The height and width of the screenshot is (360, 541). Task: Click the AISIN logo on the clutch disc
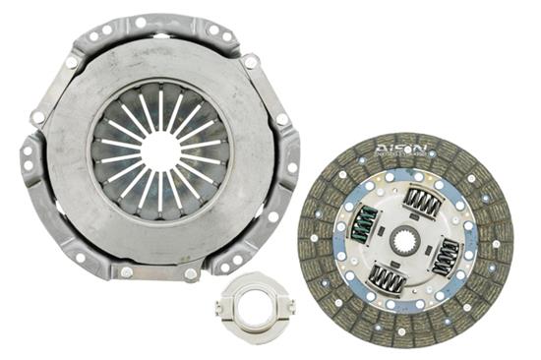(402, 149)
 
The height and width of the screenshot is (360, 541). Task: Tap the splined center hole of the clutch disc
(404, 239)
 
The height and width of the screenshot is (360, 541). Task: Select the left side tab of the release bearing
(219, 308)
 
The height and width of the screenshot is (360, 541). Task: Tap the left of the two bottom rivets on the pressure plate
(126, 271)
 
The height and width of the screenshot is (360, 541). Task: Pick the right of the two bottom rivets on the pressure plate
(190, 272)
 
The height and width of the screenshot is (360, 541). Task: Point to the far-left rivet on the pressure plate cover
(38, 118)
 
